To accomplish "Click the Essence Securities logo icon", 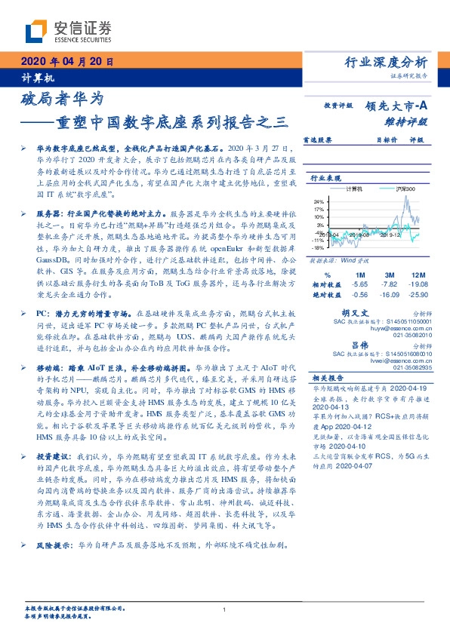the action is [x=37, y=30].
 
